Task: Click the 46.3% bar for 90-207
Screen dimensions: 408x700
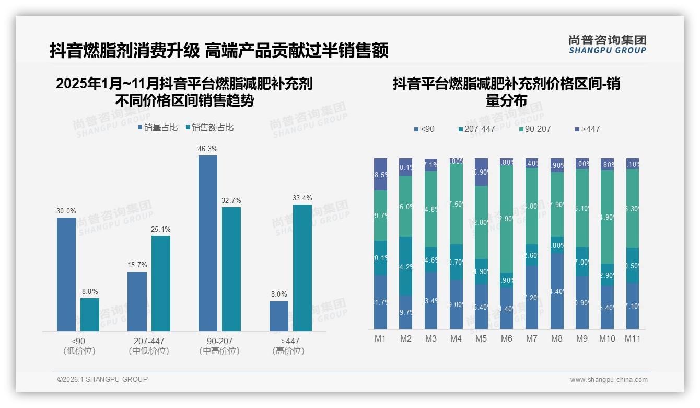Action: [x=207, y=243]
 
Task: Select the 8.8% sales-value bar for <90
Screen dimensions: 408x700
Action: [x=89, y=314]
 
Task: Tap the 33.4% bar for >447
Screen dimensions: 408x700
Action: [x=302, y=267]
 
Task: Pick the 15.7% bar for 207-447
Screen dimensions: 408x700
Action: [x=137, y=301]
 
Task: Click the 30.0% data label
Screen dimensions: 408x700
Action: [x=66, y=211]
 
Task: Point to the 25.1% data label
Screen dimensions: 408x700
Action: [x=161, y=229]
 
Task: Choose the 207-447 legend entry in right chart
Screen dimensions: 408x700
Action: [x=476, y=129]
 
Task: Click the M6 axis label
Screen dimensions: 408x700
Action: [x=506, y=338]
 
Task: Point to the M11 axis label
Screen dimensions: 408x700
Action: [x=633, y=338]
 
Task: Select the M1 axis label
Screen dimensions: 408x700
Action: [x=380, y=338]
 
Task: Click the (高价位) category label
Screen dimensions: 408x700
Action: [x=288, y=351]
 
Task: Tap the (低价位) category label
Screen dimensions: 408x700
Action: [x=79, y=351]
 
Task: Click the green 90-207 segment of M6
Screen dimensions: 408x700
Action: [x=506, y=219]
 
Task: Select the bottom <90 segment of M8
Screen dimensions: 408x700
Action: [x=557, y=291]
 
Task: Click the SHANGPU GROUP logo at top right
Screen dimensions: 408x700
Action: [x=607, y=44]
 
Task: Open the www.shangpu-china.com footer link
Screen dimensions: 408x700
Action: [x=609, y=380]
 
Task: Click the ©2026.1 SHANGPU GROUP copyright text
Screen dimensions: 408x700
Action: [x=102, y=379]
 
